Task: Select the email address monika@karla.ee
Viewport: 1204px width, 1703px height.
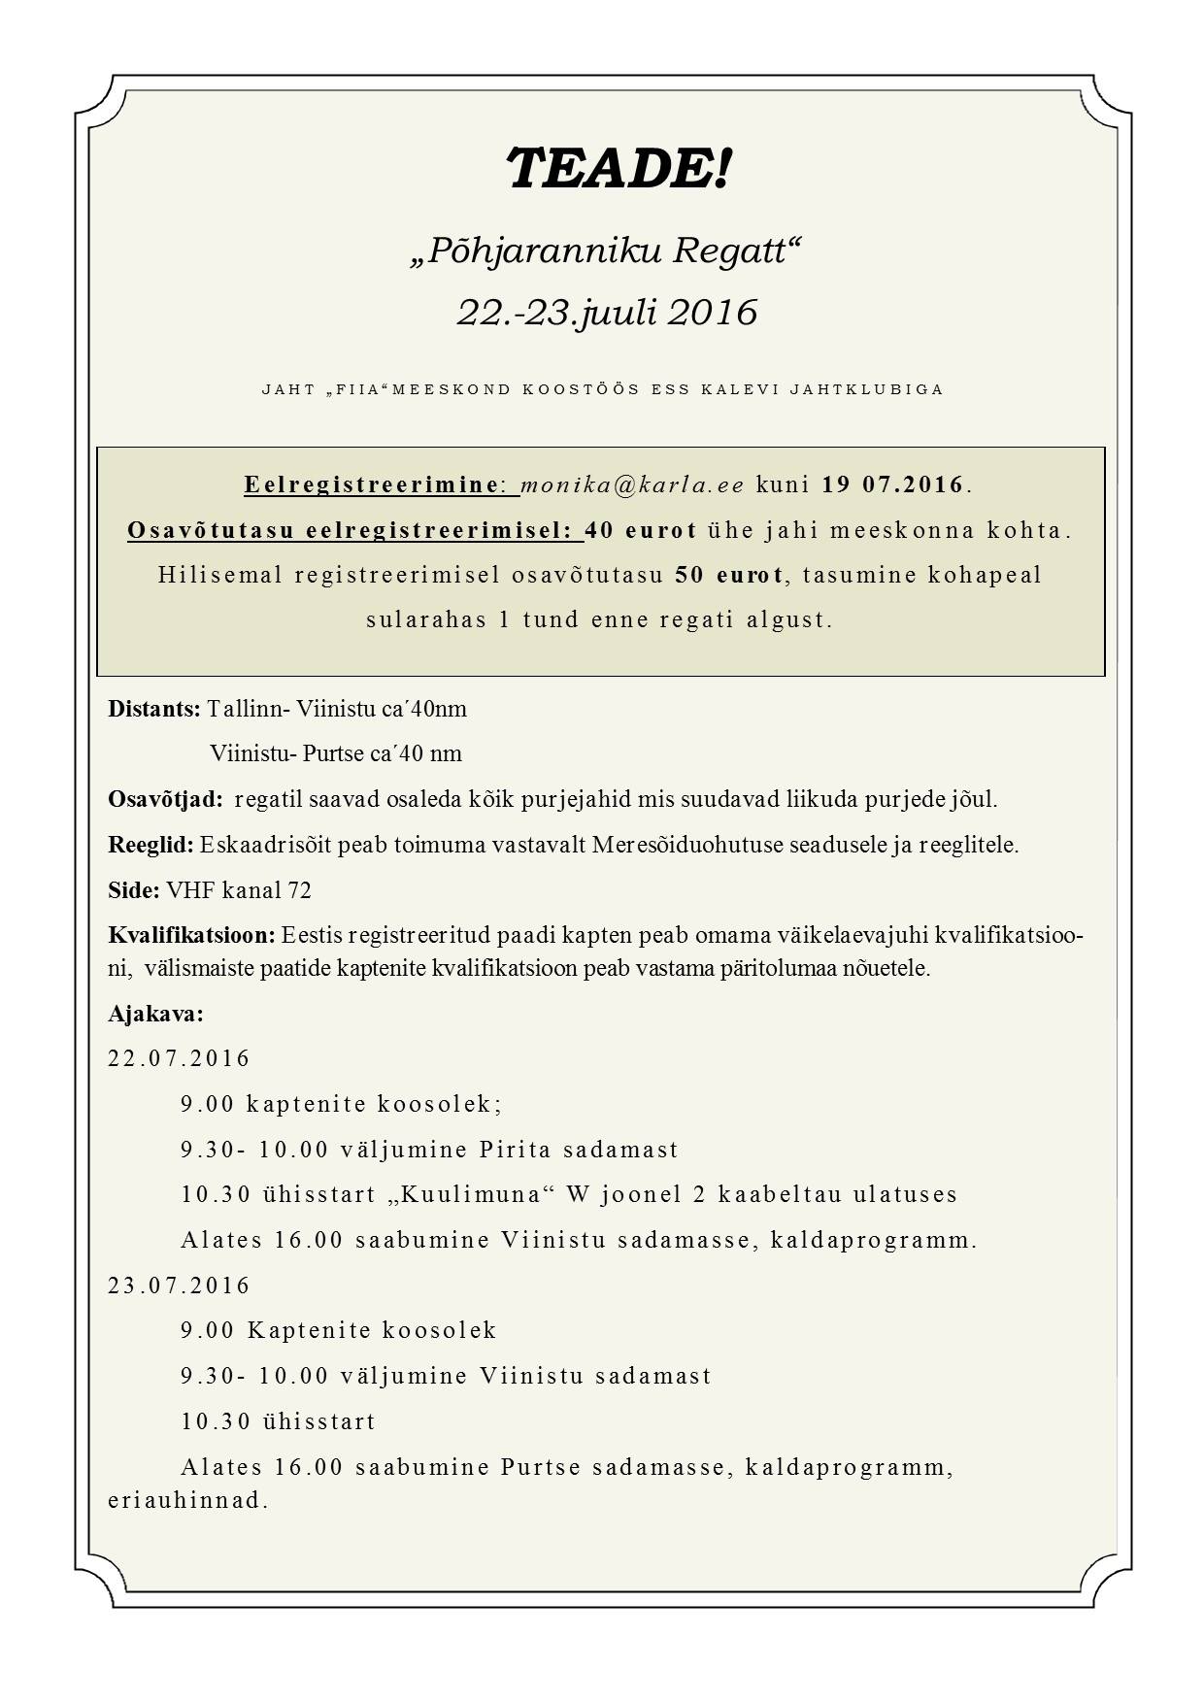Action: (x=633, y=484)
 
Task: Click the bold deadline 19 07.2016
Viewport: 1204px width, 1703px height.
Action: (x=893, y=484)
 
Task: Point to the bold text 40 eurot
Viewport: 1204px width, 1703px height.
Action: (x=641, y=530)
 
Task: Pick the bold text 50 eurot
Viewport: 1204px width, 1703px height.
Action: (x=729, y=575)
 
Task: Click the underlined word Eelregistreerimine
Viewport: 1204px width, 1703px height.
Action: (x=372, y=484)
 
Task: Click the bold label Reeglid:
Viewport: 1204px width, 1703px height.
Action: (x=151, y=845)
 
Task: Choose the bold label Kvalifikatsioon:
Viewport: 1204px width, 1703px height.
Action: (x=192, y=936)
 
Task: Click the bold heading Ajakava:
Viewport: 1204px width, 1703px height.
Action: (x=155, y=1014)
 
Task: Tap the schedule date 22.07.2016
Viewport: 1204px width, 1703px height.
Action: (x=180, y=1058)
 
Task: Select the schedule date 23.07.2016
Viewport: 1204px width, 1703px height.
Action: (x=180, y=1286)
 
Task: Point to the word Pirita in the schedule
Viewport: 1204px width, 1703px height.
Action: (x=515, y=1150)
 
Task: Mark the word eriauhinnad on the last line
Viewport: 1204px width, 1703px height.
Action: (x=187, y=1500)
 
